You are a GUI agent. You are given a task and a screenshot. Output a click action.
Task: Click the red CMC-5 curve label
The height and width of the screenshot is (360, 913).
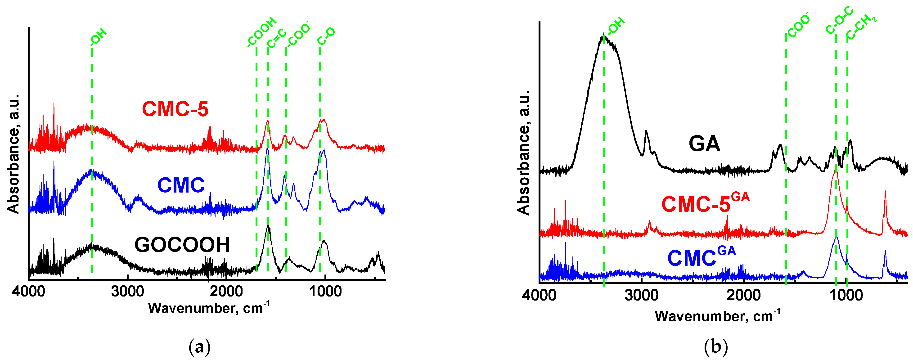pos(175,109)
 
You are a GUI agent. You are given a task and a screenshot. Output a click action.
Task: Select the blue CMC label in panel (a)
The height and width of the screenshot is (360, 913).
pos(181,185)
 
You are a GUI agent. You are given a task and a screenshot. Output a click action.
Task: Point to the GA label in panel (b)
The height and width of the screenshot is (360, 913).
pos(704,144)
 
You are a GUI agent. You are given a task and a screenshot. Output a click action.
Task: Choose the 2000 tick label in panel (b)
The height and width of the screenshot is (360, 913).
pos(743,295)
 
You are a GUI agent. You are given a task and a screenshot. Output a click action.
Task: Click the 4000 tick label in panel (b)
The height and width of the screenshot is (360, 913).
pos(539,295)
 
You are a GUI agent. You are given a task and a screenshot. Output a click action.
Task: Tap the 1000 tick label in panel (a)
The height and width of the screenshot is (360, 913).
pos(325,291)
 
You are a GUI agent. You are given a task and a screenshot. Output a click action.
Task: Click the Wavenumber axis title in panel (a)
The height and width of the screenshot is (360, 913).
pos(208,308)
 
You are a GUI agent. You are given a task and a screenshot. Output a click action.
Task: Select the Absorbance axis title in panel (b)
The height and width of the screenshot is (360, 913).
pos(523,152)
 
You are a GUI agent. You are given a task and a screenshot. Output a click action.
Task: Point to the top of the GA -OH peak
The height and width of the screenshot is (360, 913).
pos(603,36)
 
